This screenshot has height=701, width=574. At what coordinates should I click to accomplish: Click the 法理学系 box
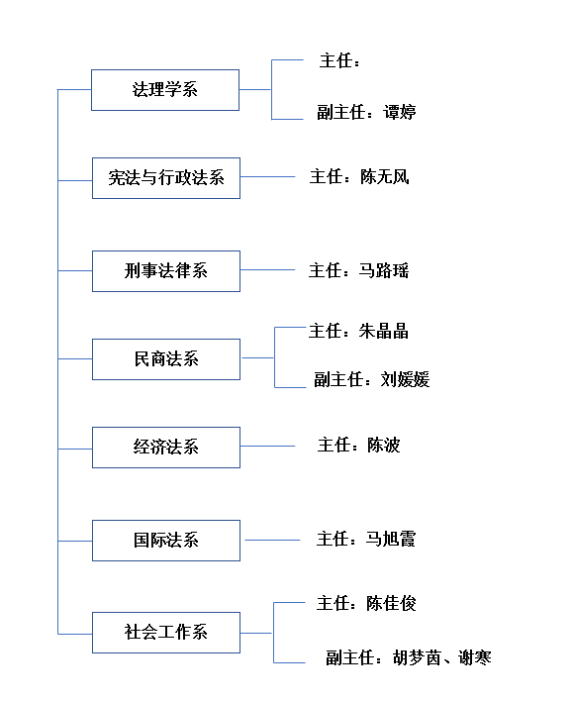click(x=165, y=90)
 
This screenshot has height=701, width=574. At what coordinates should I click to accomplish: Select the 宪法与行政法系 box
click(x=166, y=178)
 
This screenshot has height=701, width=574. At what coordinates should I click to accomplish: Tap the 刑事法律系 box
click(x=166, y=271)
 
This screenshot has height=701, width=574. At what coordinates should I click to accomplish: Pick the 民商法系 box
click(x=166, y=359)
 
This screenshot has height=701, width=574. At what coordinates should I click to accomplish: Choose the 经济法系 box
click(x=166, y=448)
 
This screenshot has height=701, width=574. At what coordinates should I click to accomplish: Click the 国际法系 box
click(x=166, y=541)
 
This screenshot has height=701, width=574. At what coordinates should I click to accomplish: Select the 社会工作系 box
click(x=166, y=633)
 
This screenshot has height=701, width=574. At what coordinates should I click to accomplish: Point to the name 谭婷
click(x=400, y=112)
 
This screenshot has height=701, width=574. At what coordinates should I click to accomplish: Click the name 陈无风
click(x=385, y=176)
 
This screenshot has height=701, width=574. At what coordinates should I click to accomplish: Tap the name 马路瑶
click(x=384, y=270)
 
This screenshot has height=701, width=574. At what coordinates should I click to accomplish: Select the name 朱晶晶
click(x=384, y=332)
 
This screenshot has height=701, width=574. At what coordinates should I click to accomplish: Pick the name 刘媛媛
click(x=405, y=379)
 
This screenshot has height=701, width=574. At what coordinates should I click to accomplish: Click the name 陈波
click(x=384, y=445)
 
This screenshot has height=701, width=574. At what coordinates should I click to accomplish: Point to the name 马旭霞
click(x=391, y=539)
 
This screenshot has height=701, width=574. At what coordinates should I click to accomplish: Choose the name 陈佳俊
click(x=391, y=603)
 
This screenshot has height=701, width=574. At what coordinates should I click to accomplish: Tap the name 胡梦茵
click(x=418, y=657)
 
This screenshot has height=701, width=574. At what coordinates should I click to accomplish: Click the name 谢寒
click(x=475, y=657)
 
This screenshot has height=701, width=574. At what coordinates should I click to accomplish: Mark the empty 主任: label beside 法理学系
click(x=339, y=60)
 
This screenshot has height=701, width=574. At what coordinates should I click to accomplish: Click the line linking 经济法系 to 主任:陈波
click(x=267, y=447)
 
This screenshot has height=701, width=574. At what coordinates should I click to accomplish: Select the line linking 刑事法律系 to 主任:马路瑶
click(x=267, y=270)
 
